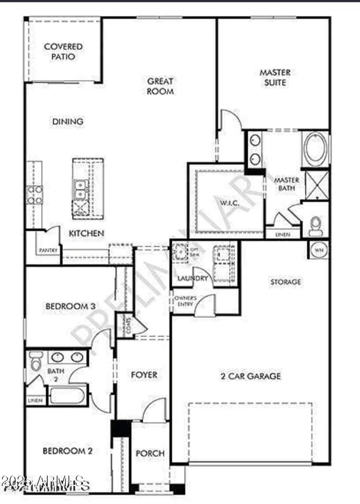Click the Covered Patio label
pyautogui.click(x=63, y=52)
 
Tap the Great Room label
pyautogui.click(x=161, y=86)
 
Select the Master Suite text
pyautogui.click(x=274, y=77)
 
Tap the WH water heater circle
pyautogui.click(x=319, y=249)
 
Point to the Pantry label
pyautogui.click(x=49, y=250)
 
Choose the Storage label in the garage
pyautogui.click(x=285, y=282)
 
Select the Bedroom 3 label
pyautogui.click(x=70, y=306)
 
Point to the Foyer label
pyautogui.click(x=144, y=375)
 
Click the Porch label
pyautogui.click(x=150, y=454)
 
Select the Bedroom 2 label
pyautogui.click(x=67, y=450)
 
